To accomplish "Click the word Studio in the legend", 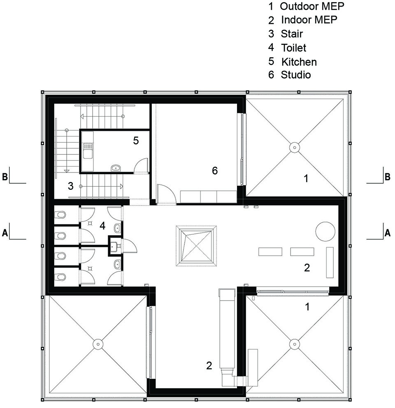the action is coord(296,75).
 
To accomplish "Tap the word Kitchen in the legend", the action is coord(299,62).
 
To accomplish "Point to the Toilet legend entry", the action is coord(294,48).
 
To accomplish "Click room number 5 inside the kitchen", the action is coord(136,140).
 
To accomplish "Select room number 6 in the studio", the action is coord(214,171).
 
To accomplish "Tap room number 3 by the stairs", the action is coord(70,186).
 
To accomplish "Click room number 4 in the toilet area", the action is coord(102,226).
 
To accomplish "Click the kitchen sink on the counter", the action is coord(87,151).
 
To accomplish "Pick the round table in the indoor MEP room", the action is coord(325,231).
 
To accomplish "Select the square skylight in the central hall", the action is coord(196,246).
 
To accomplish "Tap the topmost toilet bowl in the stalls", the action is coord(60,215).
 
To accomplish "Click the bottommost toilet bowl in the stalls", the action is coord(60,277).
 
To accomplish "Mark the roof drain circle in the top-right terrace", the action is coord(295,147).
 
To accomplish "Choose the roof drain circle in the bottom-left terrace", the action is coord(98,344).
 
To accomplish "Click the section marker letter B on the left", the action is coord(5,177).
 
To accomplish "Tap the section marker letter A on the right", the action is coord(388,233).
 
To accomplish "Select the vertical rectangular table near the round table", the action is coord(330,262).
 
